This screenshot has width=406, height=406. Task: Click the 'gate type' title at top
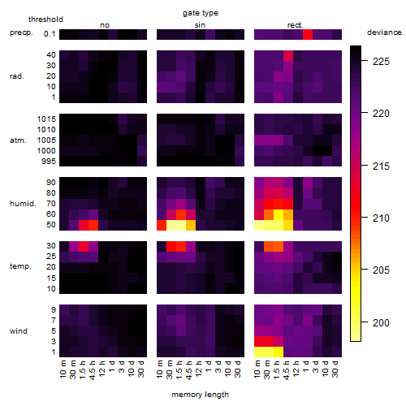pos(201,13)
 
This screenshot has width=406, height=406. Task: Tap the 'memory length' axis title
pos(200,395)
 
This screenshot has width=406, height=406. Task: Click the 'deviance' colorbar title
pos(384,32)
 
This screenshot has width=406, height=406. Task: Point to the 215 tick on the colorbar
pos(365,165)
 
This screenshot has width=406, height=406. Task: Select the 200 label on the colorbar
pos(381,322)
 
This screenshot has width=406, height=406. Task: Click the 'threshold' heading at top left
pos(45,19)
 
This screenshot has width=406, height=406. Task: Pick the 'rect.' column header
pos(295,25)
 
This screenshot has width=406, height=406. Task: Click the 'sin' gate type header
pos(200,25)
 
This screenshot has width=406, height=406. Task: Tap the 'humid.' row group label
pos(23,204)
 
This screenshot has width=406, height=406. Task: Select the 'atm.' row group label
pos(18,140)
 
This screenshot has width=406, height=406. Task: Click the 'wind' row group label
pos(19,331)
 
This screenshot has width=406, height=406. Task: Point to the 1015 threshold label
pos(46,119)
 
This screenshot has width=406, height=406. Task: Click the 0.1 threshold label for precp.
pos(50,34)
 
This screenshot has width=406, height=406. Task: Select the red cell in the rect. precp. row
pos(308,34)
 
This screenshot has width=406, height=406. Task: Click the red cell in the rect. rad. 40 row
pos(288,55)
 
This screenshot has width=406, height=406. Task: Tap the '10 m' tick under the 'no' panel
pos(63,369)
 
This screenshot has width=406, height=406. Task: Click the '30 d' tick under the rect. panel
pos(335,369)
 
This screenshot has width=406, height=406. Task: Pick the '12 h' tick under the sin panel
pos(199,369)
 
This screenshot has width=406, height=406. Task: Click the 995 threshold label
pos(49,162)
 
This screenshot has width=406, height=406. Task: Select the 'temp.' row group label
pos(20,266)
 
